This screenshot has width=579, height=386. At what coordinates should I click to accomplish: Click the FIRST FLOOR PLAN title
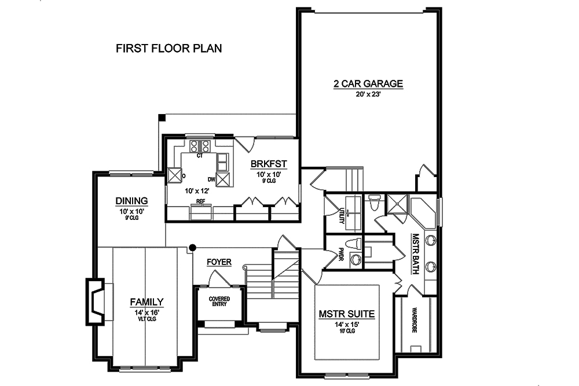click(x=168, y=48)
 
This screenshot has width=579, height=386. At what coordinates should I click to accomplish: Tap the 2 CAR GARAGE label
click(x=368, y=84)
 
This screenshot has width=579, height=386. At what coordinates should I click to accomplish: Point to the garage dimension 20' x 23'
click(x=368, y=95)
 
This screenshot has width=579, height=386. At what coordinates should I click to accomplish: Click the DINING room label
click(x=131, y=201)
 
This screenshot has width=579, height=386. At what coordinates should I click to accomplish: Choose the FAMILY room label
click(x=146, y=302)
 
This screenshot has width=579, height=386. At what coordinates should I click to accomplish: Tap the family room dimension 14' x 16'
click(x=146, y=312)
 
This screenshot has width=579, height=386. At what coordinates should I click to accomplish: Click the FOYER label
click(x=219, y=262)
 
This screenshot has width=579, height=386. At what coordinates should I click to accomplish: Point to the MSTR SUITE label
click(x=347, y=315)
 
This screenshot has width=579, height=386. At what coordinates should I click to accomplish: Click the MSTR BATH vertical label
click(x=415, y=249)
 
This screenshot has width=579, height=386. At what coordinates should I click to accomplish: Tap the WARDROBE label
click(x=415, y=320)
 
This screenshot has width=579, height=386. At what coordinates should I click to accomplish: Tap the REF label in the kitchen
click(x=201, y=202)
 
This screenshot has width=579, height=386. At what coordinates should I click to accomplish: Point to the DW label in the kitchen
click(x=212, y=179)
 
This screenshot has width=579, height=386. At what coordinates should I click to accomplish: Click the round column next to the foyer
click(x=191, y=248)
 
